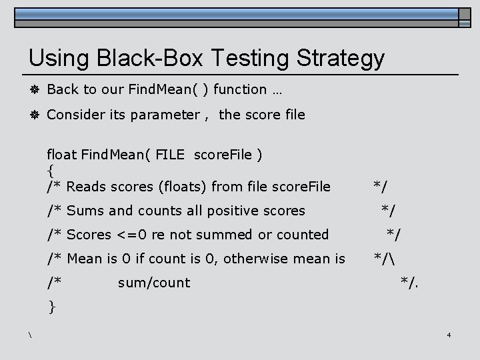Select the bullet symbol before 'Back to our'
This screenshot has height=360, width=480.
(33, 89)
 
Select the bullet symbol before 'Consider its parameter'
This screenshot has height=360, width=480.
(33, 115)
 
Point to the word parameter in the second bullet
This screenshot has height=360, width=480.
(166, 115)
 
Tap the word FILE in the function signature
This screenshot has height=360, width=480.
(171, 155)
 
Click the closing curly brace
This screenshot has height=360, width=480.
(51, 307)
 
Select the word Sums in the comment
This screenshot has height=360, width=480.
(85, 211)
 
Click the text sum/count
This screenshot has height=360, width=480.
(153, 283)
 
